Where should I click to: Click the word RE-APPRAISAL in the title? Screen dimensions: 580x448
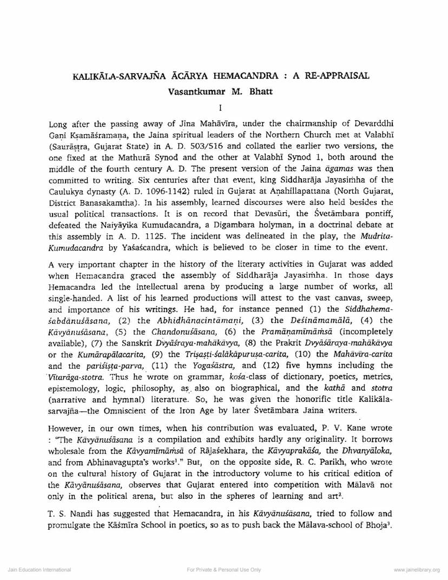tap(339, 76)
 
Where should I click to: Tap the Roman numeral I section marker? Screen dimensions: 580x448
tap(224, 108)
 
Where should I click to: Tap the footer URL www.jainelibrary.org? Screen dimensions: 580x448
tap(417, 570)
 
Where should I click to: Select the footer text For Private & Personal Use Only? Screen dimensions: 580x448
tap(223, 570)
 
